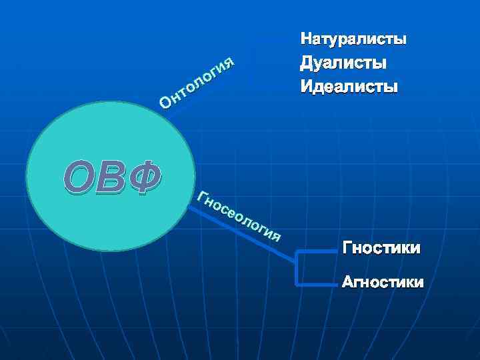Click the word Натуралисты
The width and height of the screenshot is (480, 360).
tap(353, 39)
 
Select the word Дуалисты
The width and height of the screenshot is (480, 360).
tap(343, 63)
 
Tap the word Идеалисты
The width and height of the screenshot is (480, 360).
tap(348, 87)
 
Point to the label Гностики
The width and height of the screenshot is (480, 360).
tap(381, 249)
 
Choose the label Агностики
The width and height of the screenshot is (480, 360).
tap(382, 282)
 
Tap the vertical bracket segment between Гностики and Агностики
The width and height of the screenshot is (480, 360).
tap(296, 268)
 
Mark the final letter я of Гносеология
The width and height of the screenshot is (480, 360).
tap(277, 235)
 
